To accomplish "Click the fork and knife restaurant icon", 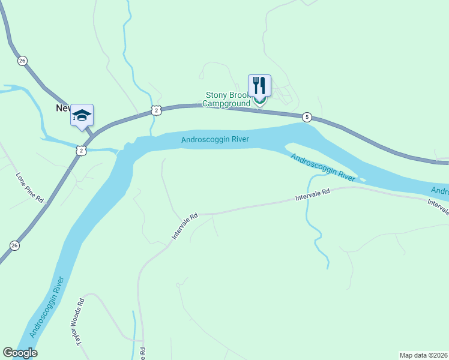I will pos(259,85).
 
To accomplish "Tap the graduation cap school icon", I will pos(82,115).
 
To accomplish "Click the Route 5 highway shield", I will pos(307,117).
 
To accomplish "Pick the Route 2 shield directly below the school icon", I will pos(80,151).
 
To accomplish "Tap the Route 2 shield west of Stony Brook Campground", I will pos(155,110).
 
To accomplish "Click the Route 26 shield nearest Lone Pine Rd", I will pos(14,245).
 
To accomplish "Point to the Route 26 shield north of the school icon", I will pos(22,61).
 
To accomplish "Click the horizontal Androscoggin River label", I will pos(215,140).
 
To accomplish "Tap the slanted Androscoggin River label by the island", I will pos(324,167).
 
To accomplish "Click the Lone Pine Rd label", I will pos(30,188).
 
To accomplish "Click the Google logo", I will pos(20,353).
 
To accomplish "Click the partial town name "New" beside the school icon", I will pos(63,108).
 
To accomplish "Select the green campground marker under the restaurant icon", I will pos(259,101).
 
